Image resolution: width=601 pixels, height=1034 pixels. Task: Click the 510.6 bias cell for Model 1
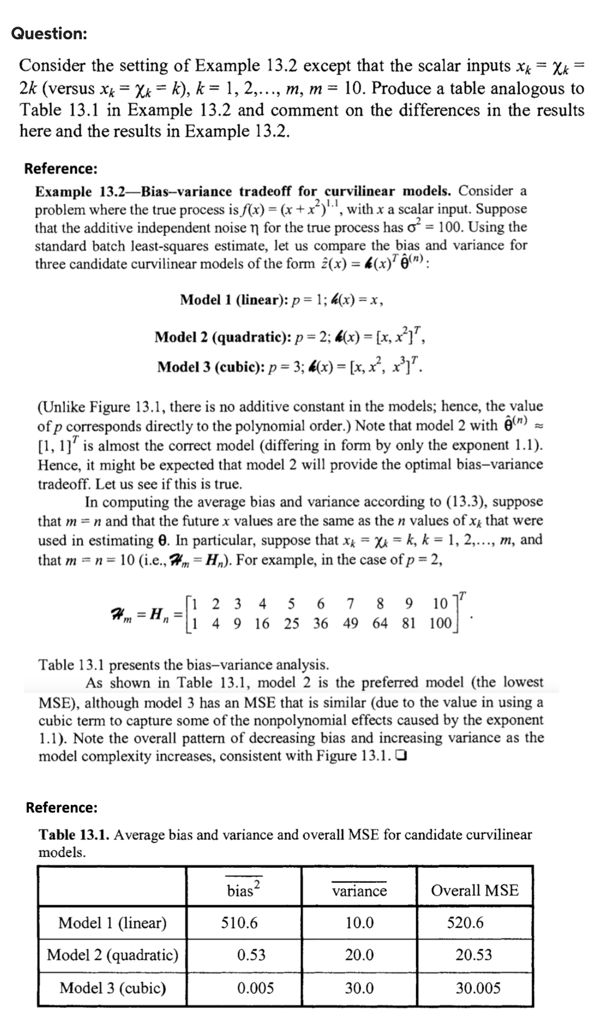pos(239,923)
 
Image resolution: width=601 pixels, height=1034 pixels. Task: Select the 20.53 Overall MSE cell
pos(473,954)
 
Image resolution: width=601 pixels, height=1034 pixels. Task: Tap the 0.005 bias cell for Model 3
pos(255,988)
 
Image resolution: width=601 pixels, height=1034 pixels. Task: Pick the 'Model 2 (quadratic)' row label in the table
pos(112,954)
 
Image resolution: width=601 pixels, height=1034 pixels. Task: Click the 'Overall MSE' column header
pos(474,891)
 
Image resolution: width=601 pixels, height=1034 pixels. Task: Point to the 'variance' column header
pos(359,891)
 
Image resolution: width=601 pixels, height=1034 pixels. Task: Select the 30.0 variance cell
pos(359,988)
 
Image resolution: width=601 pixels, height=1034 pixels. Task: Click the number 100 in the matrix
pos(440,623)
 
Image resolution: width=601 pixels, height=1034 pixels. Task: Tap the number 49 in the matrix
pos(351,623)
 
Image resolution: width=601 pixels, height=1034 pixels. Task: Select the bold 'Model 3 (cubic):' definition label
pos(211,366)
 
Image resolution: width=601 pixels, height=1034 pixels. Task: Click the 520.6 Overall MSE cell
pos(465,923)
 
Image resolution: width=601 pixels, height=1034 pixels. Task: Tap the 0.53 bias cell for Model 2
pos(251,954)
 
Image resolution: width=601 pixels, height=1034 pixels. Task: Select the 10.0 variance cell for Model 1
pos(359,923)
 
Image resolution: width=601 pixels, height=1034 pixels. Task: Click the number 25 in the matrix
pos(291,623)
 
